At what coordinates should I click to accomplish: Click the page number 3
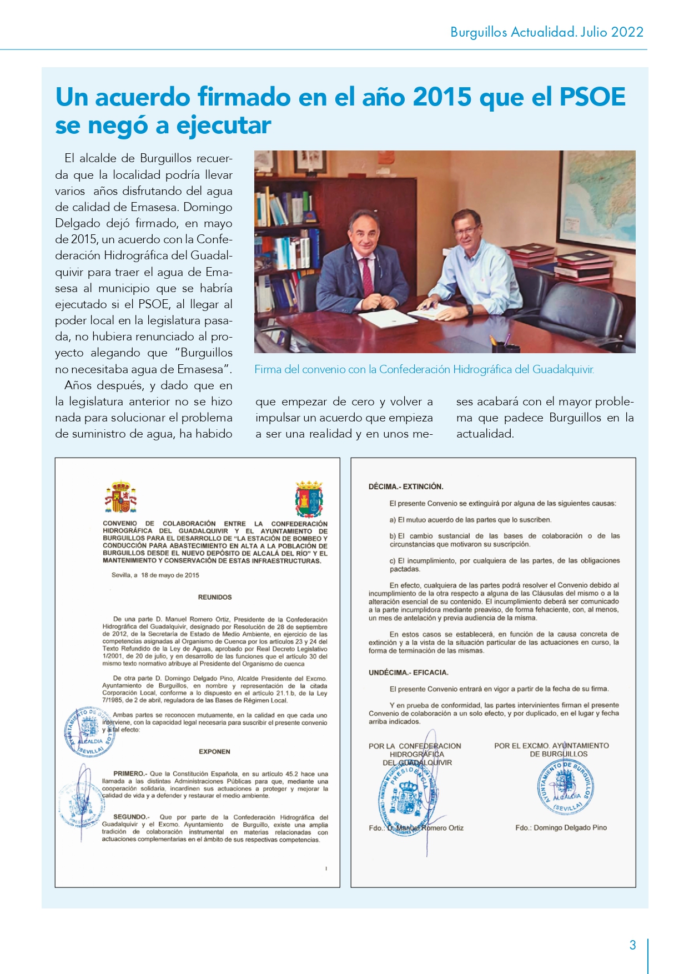click(x=632, y=945)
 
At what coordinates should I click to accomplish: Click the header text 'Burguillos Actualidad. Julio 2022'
click(x=546, y=32)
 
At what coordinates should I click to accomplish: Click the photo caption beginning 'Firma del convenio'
click(x=424, y=369)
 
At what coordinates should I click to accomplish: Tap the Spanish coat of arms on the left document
click(x=120, y=497)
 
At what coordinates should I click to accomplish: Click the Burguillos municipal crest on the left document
click(x=309, y=498)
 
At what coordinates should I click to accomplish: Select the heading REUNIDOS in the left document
click(x=215, y=598)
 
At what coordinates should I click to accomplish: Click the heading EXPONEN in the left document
click(x=214, y=751)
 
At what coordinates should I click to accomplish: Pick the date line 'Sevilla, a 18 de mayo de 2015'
click(x=155, y=575)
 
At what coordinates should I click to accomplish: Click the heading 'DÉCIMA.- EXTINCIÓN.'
click(x=406, y=486)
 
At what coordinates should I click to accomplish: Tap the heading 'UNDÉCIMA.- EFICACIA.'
click(x=408, y=672)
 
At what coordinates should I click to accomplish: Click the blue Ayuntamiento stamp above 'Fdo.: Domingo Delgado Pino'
click(x=566, y=787)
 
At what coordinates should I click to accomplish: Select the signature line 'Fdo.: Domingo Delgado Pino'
click(x=561, y=827)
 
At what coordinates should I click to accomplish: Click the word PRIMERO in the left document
click(x=130, y=774)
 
